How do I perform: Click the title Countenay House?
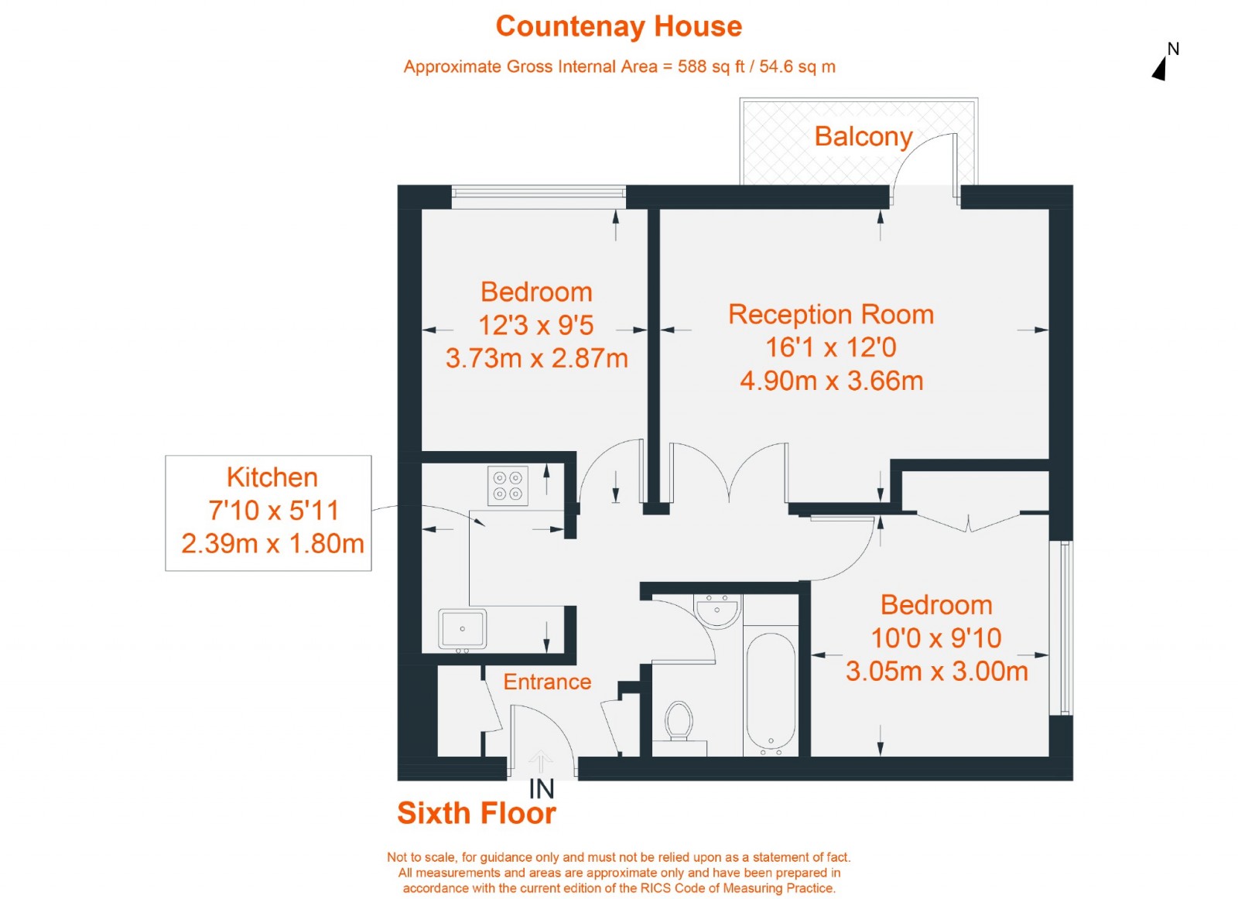coord(618,26)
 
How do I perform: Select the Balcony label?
coord(864,137)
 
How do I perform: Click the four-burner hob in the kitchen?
coord(508,486)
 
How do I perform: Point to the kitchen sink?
coord(463,629)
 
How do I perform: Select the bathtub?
coord(771,694)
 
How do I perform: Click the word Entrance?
coord(547,682)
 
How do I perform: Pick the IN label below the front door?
coord(541,789)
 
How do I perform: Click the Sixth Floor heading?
coord(477,813)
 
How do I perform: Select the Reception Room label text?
coord(831,314)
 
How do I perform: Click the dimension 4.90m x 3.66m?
coord(832,381)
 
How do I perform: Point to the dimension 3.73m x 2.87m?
coord(537,359)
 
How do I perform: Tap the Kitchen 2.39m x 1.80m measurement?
coord(272,544)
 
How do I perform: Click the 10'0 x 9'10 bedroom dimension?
coord(936,638)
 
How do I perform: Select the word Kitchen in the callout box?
coord(272,477)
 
